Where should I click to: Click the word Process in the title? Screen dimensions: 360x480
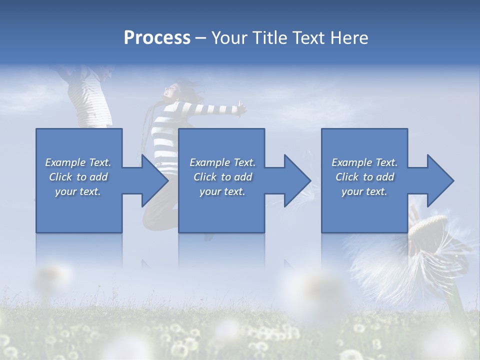coord(157,38)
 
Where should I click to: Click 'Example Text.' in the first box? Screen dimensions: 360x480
coord(78,162)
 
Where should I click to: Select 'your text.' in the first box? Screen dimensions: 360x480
coord(78,191)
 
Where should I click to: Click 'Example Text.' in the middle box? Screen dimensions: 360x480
coord(222,162)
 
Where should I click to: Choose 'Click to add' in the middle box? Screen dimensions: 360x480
coord(222,177)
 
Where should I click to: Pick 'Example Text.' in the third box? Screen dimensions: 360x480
coord(364,162)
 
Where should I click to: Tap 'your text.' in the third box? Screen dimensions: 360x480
coord(364,191)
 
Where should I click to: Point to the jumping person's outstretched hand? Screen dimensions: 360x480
coord(242,106)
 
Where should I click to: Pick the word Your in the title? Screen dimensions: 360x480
coord(228,38)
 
